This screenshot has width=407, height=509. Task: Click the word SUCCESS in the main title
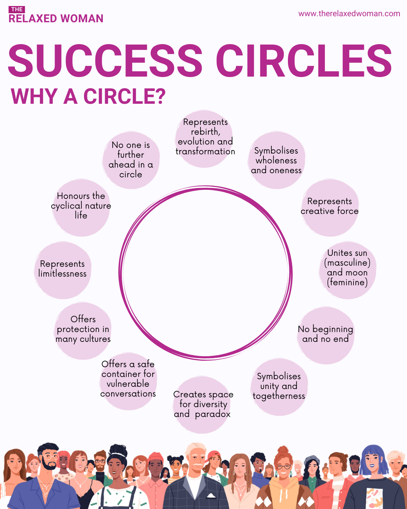pos(106,60)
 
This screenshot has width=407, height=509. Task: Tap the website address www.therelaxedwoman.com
pos(349,14)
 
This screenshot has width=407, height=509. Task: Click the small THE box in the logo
pos(17,9)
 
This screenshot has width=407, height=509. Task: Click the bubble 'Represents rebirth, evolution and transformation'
pos(205,138)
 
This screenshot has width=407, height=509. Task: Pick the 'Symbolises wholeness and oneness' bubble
pos(276,160)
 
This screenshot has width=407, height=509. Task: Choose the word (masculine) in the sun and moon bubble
pos(347,263)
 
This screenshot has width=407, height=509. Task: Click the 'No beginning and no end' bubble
pos(326,335)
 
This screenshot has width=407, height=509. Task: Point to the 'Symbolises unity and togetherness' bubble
pos(279,386)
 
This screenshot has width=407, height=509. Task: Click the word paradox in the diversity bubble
pos(213,414)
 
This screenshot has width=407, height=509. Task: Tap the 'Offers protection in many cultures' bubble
pos(83,330)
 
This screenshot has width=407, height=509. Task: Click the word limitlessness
pos(63,274)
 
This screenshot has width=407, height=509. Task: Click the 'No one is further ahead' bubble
pos(131,160)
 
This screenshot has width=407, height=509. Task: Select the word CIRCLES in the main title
pos(304,60)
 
